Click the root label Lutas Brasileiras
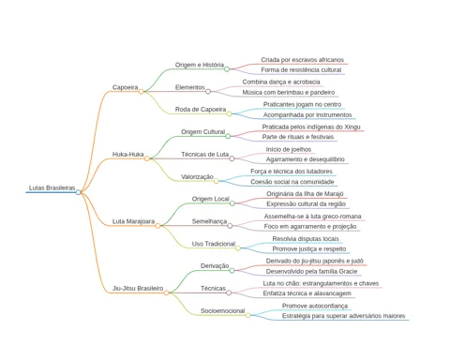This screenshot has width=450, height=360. [x=52, y=187]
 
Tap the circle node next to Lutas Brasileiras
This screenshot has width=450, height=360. [x=78, y=192]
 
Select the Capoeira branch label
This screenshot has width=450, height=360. [x=125, y=87]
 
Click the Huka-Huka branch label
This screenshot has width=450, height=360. [x=128, y=155]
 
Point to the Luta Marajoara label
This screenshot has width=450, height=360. [x=133, y=221]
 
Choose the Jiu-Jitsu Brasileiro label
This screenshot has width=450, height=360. [x=138, y=288]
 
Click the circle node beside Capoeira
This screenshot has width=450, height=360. [x=141, y=92]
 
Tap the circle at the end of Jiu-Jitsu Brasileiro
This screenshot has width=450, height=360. [x=166, y=292]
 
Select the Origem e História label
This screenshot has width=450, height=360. [x=200, y=65]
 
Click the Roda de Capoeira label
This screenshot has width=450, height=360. [x=201, y=110]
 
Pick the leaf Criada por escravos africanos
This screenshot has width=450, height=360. [x=302, y=60]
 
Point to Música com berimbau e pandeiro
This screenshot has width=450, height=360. [x=289, y=93]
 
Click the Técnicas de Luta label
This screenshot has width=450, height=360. [x=204, y=155]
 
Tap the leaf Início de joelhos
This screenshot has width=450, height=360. [x=289, y=149]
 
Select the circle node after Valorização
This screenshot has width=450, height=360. [x=216, y=181]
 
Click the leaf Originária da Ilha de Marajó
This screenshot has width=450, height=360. [x=305, y=194]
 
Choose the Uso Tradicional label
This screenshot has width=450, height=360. [x=214, y=244]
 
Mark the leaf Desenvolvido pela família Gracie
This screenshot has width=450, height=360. [x=311, y=271]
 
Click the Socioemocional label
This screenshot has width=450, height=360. [x=222, y=311]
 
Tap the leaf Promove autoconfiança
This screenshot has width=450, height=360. [x=315, y=306]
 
